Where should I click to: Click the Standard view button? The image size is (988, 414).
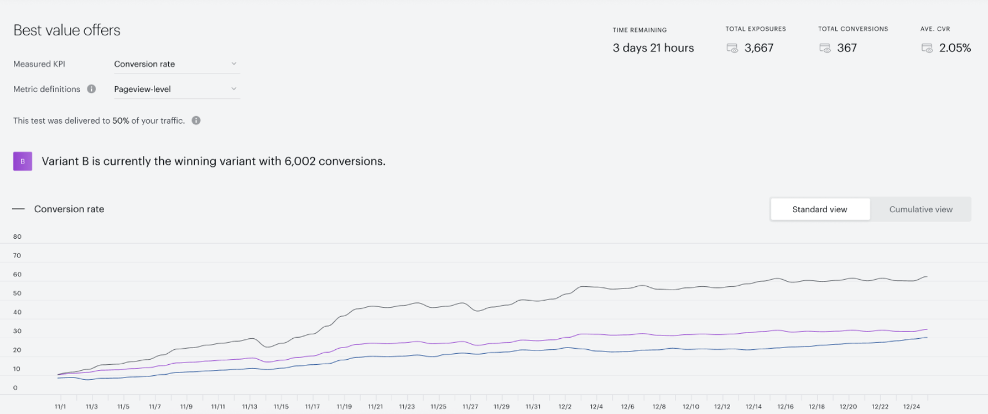(x=820, y=209)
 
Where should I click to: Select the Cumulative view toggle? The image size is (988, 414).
(x=920, y=209)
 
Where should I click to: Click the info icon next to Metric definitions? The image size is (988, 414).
(x=91, y=89)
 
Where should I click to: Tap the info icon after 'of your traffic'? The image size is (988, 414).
(x=196, y=120)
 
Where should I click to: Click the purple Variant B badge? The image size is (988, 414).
(x=23, y=161)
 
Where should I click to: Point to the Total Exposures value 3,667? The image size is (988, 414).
(x=759, y=47)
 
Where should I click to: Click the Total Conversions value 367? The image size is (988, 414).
(x=847, y=47)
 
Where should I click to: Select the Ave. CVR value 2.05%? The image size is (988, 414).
(x=955, y=47)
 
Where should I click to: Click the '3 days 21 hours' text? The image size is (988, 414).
(x=653, y=47)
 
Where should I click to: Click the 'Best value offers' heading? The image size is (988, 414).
(x=67, y=30)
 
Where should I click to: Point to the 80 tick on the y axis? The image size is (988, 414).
(x=17, y=236)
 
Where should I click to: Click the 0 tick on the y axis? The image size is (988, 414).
(x=16, y=387)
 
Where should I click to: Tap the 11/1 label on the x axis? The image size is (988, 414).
(x=60, y=406)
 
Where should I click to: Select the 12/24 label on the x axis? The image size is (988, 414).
(x=911, y=406)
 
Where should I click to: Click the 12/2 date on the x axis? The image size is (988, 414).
(x=565, y=406)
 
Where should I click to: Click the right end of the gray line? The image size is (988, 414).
(x=927, y=276)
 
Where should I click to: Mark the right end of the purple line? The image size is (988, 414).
(x=927, y=330)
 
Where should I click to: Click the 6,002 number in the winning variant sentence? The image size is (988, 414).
(x=300, y=161)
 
